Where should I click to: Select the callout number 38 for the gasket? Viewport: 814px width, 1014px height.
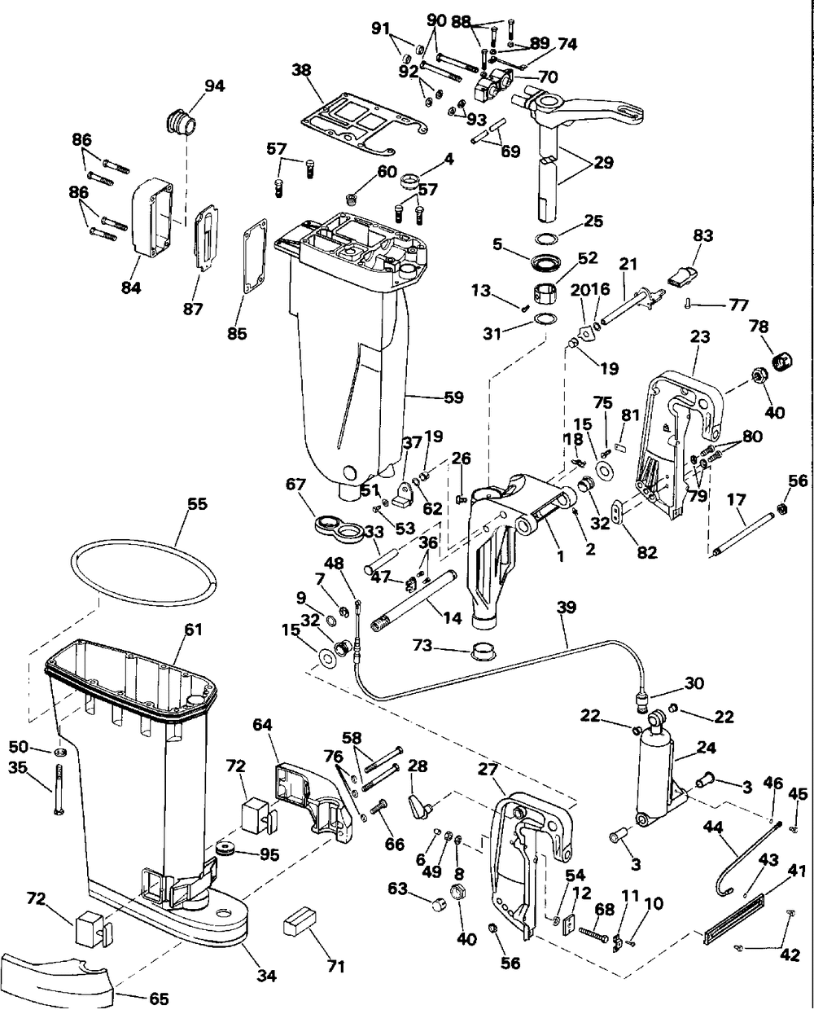[302, 71]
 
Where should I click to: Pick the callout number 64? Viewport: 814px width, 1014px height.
[262, 723]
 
